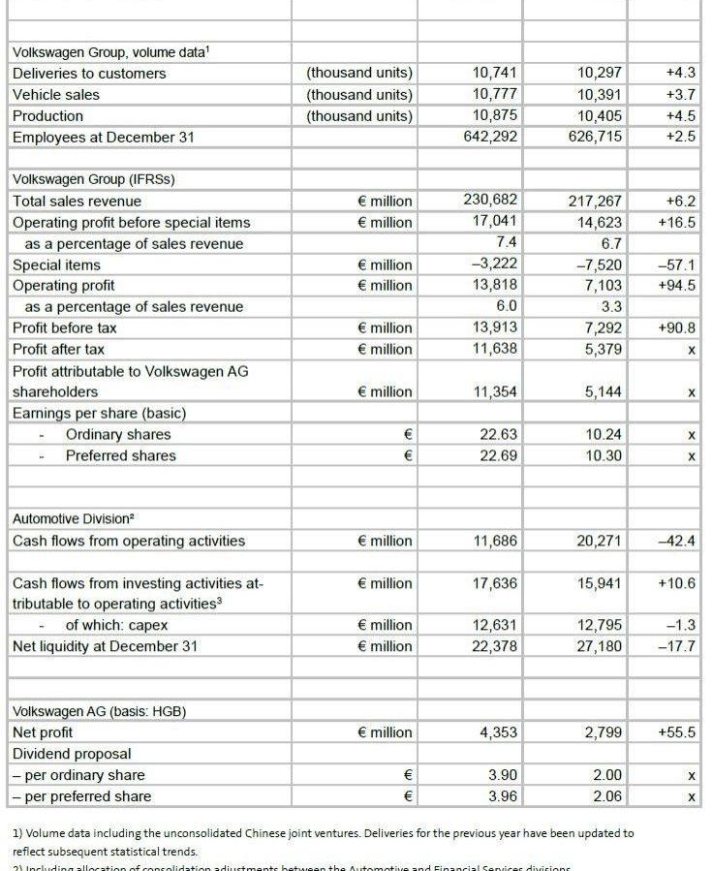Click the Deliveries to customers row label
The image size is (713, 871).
pyautogui.click(x=89, y=74)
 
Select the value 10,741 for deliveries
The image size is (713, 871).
pyautogui.click(x=494, y=74)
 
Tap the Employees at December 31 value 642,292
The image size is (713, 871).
pyautogui.click(x=490, y=137)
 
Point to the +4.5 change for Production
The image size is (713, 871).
pyautogui.click(x=680, y=116)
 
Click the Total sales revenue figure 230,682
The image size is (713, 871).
pyautogui.click(x=490, y=201)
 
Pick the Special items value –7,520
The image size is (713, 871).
pyautogui.click(x=599, y=264)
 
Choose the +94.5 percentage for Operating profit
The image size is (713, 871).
pyautogui.click(x=676, y=286)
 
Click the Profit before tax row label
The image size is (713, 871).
pyautogui.click(x=65, y=327)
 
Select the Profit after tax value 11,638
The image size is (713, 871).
pyautogui.click(x=494, y=349)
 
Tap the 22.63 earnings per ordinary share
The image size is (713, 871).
pyautogui.click(x=498, y=434)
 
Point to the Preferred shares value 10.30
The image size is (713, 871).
pyautogui.click(x=604, y=455)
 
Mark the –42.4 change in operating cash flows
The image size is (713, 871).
pyautogui.click(x=676, y=541)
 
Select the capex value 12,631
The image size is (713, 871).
pyautogui.click(x=494, y=625)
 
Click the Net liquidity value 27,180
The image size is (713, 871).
pyautogui.click(x=599, y=646)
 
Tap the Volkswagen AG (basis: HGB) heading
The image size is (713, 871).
pyautogui.click(x=99, y=711)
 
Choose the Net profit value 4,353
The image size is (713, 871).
pyautogui.click(x=498, y=732)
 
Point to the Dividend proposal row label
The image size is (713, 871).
pyautogui.click(x=72, y=754)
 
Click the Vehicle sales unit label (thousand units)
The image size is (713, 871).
pyautogui.click(x=358, y=95)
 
